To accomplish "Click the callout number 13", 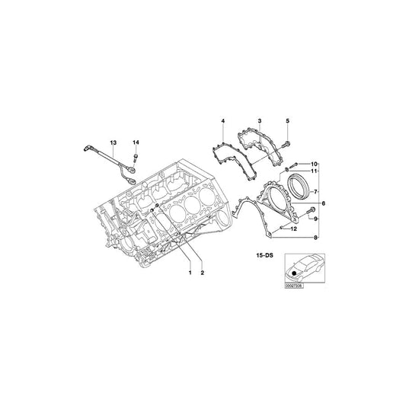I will (x=113, y=142).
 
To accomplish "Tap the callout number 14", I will (x=136, y=142).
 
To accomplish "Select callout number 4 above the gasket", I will (x=223, y=122).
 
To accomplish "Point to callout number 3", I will (x=259, y=122).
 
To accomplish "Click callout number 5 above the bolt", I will (x=288, y=122).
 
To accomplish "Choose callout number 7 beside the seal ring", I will (x=316, y=192).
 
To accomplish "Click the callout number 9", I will (x=316, y=219).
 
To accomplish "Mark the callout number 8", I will (x=316, y=238).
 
